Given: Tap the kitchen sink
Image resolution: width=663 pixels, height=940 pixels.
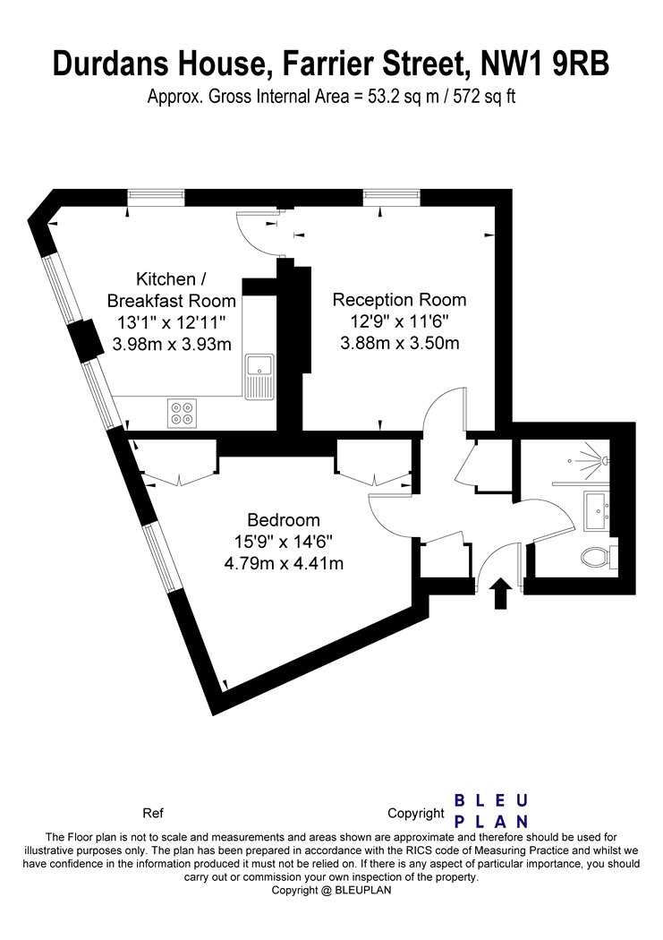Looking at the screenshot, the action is (259, 377).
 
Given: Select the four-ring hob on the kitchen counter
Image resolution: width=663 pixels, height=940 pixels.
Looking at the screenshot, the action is (182, 413).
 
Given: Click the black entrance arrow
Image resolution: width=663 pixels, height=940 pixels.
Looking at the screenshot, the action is (501, 594).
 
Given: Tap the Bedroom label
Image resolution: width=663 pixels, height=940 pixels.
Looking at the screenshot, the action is (284, 520).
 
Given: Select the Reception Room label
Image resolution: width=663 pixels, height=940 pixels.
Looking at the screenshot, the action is (399, 299).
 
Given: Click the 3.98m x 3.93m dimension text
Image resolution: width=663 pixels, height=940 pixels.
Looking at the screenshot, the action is (172, 344).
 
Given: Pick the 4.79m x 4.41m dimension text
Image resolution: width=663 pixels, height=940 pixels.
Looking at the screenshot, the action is (284, 563).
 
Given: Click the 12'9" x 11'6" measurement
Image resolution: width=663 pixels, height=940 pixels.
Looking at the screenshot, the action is (399, 321).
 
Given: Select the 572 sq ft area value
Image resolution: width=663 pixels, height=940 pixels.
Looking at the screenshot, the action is (484, 96).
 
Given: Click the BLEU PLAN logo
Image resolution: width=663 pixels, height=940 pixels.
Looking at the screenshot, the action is (491, 811).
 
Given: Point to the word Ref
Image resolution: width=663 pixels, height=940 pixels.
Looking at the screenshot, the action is (153, 813).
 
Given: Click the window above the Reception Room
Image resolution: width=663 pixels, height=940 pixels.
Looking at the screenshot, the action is (392, 195).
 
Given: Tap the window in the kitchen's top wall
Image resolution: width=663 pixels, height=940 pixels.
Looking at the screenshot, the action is (156, 195).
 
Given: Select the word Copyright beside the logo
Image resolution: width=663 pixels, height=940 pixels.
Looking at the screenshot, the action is (416, 814).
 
